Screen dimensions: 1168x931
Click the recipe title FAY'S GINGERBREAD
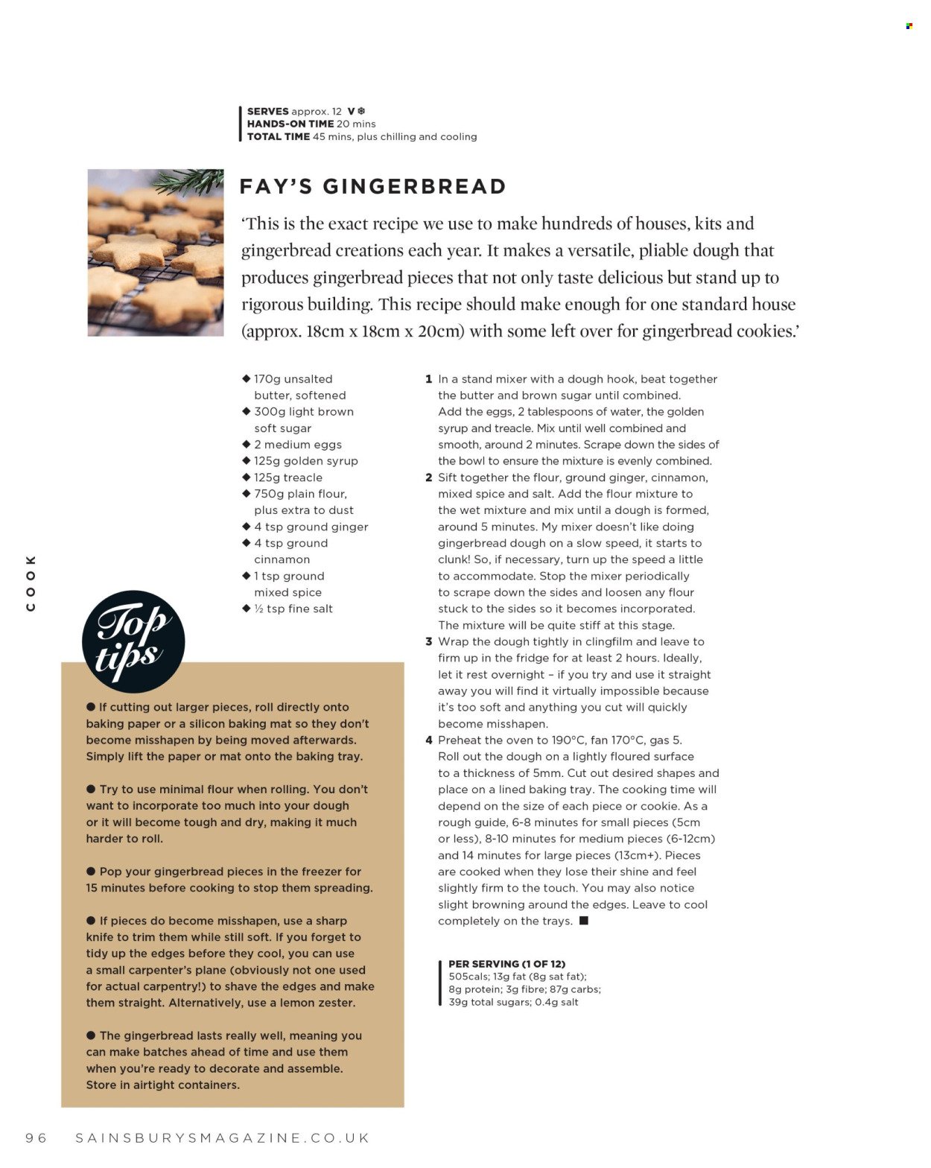[x=372, y=186]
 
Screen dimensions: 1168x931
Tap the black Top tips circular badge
[x=133, y=641]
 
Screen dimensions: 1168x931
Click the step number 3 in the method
[x=429, y=641]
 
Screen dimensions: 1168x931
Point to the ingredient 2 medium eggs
[x=297, y=445]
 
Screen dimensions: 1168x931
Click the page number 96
[x=36, y=1137]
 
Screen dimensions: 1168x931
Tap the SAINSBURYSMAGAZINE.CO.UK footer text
[x=222, y=1137]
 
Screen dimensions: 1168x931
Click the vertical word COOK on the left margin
[x=31, y=583]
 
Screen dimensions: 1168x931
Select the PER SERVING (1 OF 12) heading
[x=506, y=964]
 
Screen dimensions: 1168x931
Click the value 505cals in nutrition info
[x=468, y=977]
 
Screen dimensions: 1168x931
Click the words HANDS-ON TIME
[x=290, y=124]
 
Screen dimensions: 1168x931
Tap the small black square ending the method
[x=584, y=921]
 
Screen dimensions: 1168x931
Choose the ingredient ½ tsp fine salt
[x=293, y=609]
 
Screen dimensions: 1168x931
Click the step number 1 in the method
[x=429, y=379]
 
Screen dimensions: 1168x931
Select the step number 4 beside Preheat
[x=429, y=740]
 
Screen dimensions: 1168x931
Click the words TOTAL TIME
[x=278, y=136]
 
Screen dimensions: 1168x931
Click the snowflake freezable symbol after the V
[x=361, y=111]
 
